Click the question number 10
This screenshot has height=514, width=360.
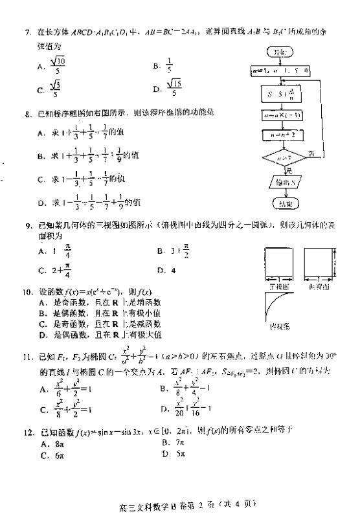point(27,293)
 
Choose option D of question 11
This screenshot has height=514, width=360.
point(188,410)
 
